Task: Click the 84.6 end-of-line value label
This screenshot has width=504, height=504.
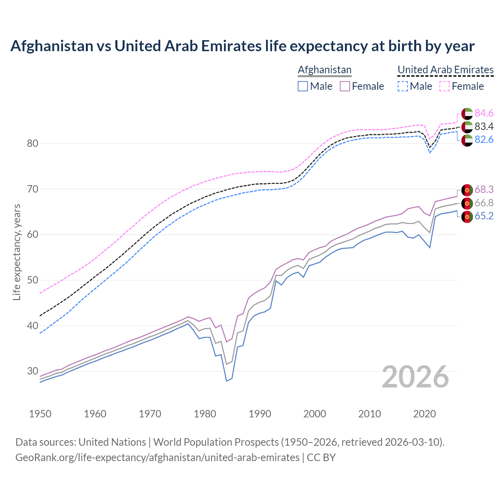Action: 484,113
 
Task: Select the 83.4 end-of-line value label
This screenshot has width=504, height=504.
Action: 484,126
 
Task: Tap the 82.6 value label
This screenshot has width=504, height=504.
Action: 484,140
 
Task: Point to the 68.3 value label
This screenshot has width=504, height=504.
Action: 484,190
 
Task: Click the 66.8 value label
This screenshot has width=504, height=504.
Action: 484,203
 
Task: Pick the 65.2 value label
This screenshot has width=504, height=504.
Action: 484,216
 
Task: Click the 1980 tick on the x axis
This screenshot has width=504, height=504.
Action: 205,414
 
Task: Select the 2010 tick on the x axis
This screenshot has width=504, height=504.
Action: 369,414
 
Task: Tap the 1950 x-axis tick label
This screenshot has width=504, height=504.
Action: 41,414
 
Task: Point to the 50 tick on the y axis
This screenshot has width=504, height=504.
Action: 33,280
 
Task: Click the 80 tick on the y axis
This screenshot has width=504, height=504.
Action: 33,143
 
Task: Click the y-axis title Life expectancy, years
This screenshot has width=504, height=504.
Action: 17,252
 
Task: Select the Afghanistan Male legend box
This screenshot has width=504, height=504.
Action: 303,86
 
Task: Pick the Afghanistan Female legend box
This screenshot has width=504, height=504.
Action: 345,86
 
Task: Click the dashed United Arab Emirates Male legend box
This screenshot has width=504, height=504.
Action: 402,86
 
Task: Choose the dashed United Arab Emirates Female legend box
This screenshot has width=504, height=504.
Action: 445,86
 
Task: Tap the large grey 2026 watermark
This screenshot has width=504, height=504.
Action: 415,377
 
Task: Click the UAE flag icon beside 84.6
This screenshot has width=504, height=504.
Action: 467,113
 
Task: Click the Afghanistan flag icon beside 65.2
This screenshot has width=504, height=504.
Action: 467,216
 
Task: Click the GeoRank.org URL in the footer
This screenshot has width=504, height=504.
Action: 157,458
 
